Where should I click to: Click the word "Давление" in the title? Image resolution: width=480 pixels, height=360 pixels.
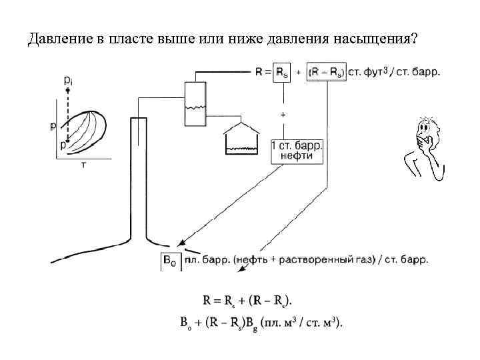pyautogui.click(x=57, y=39)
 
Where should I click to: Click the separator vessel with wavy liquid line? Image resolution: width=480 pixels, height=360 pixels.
pyautogui.click(x=195, y=103)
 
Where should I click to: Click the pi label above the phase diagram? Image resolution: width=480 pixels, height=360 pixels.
pyautogui.click(x=69, y=80)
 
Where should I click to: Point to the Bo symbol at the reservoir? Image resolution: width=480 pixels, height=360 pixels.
pyautogui.click(x=170, y=261)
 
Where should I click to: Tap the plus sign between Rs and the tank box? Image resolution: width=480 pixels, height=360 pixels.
pyautogui.click(x=283, y=115)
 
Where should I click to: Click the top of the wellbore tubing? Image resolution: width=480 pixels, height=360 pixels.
pyautogui.click(x=138, y=118)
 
